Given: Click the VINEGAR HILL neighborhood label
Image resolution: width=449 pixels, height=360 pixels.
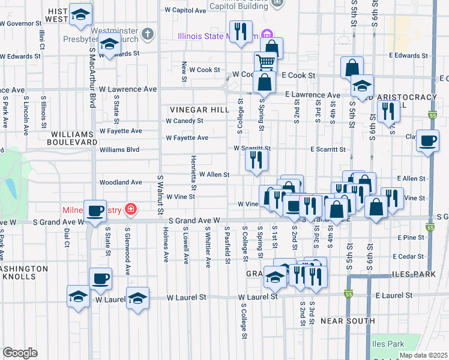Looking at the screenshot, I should (199, 110).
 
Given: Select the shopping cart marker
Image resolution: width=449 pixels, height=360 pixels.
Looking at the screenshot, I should (265, 62).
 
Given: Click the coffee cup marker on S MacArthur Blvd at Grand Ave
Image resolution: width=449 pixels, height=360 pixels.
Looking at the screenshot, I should (96, 211).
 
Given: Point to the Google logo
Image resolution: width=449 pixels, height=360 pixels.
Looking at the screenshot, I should (20, 353).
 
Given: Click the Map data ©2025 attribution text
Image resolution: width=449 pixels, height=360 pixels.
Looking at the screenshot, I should (423, 355).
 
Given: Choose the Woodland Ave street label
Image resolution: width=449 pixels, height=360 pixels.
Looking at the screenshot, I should (121, 182).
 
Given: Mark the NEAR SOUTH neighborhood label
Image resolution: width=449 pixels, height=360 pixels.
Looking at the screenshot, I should (340, 321).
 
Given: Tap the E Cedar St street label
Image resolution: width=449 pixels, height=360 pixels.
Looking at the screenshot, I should (411, 256).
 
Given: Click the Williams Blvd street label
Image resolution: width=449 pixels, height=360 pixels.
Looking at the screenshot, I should (119, 149).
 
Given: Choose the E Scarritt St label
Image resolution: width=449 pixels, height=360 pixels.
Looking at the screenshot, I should (328, 149).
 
